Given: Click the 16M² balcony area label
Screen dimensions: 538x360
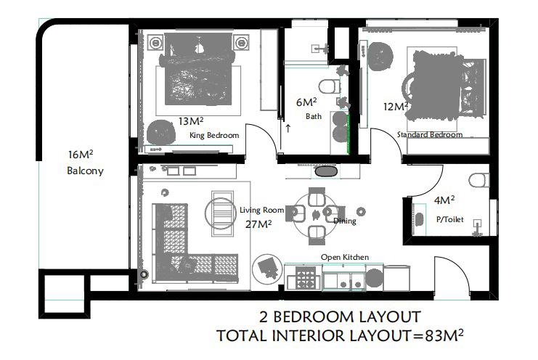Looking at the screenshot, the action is click(x=81, y=155).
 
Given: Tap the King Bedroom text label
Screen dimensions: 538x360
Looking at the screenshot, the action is click(x=214, y=136).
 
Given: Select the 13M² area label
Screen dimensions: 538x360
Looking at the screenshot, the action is click(x=191, y=121).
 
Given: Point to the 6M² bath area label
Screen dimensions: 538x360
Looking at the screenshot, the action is click(x=306, y=102).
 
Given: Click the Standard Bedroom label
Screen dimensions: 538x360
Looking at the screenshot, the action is click(x=430, y=134).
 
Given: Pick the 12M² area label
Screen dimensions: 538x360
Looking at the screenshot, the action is click(x=396, y=107).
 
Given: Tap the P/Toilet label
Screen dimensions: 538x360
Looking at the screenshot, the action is click(x=450, y=219).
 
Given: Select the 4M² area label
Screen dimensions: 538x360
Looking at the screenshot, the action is click(x=444, y=200).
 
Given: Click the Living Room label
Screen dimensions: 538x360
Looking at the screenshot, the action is click(x=262, y=210).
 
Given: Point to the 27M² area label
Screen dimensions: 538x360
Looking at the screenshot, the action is click(x=258, y=224).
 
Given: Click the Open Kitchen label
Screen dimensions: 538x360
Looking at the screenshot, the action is click(x=345, y=257).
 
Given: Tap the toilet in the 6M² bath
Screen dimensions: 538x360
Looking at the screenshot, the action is click(x=330, y=86).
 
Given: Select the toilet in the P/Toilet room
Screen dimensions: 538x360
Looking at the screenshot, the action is click(x=479, y=180).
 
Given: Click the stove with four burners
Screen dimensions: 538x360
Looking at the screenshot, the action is click(x=306, y=277).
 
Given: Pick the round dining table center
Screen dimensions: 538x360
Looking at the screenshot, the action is click(x=316, y=215).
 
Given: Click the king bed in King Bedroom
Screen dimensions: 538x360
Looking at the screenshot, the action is click(x=198, y=69).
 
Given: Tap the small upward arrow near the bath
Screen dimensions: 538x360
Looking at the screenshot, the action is click(x=288, y=128).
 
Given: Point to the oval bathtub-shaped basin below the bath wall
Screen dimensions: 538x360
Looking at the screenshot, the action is click(x=326, y=171).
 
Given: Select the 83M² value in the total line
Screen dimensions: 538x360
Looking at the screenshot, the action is click(x=444, y=335).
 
